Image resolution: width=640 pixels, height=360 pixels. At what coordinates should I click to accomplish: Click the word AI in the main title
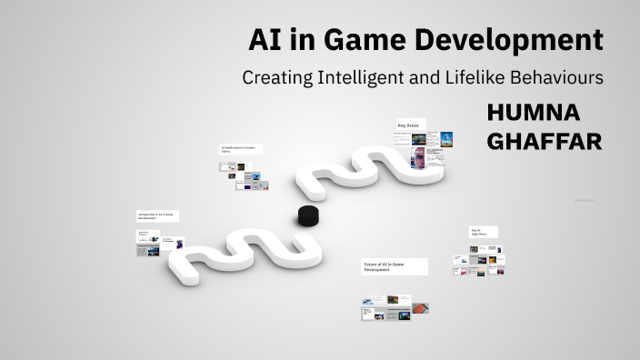click(x=265, y=41)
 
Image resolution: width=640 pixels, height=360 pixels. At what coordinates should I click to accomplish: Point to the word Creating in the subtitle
click(x=274, y=78)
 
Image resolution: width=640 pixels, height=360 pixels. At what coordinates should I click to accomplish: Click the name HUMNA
click(x=533, y=113)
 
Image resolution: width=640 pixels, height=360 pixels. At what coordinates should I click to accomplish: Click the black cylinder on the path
click(x=309, y=216)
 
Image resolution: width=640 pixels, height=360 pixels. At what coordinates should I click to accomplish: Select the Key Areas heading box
click(x=410, y=125)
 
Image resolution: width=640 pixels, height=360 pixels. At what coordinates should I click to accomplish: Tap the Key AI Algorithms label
click(x=481, y=232)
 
